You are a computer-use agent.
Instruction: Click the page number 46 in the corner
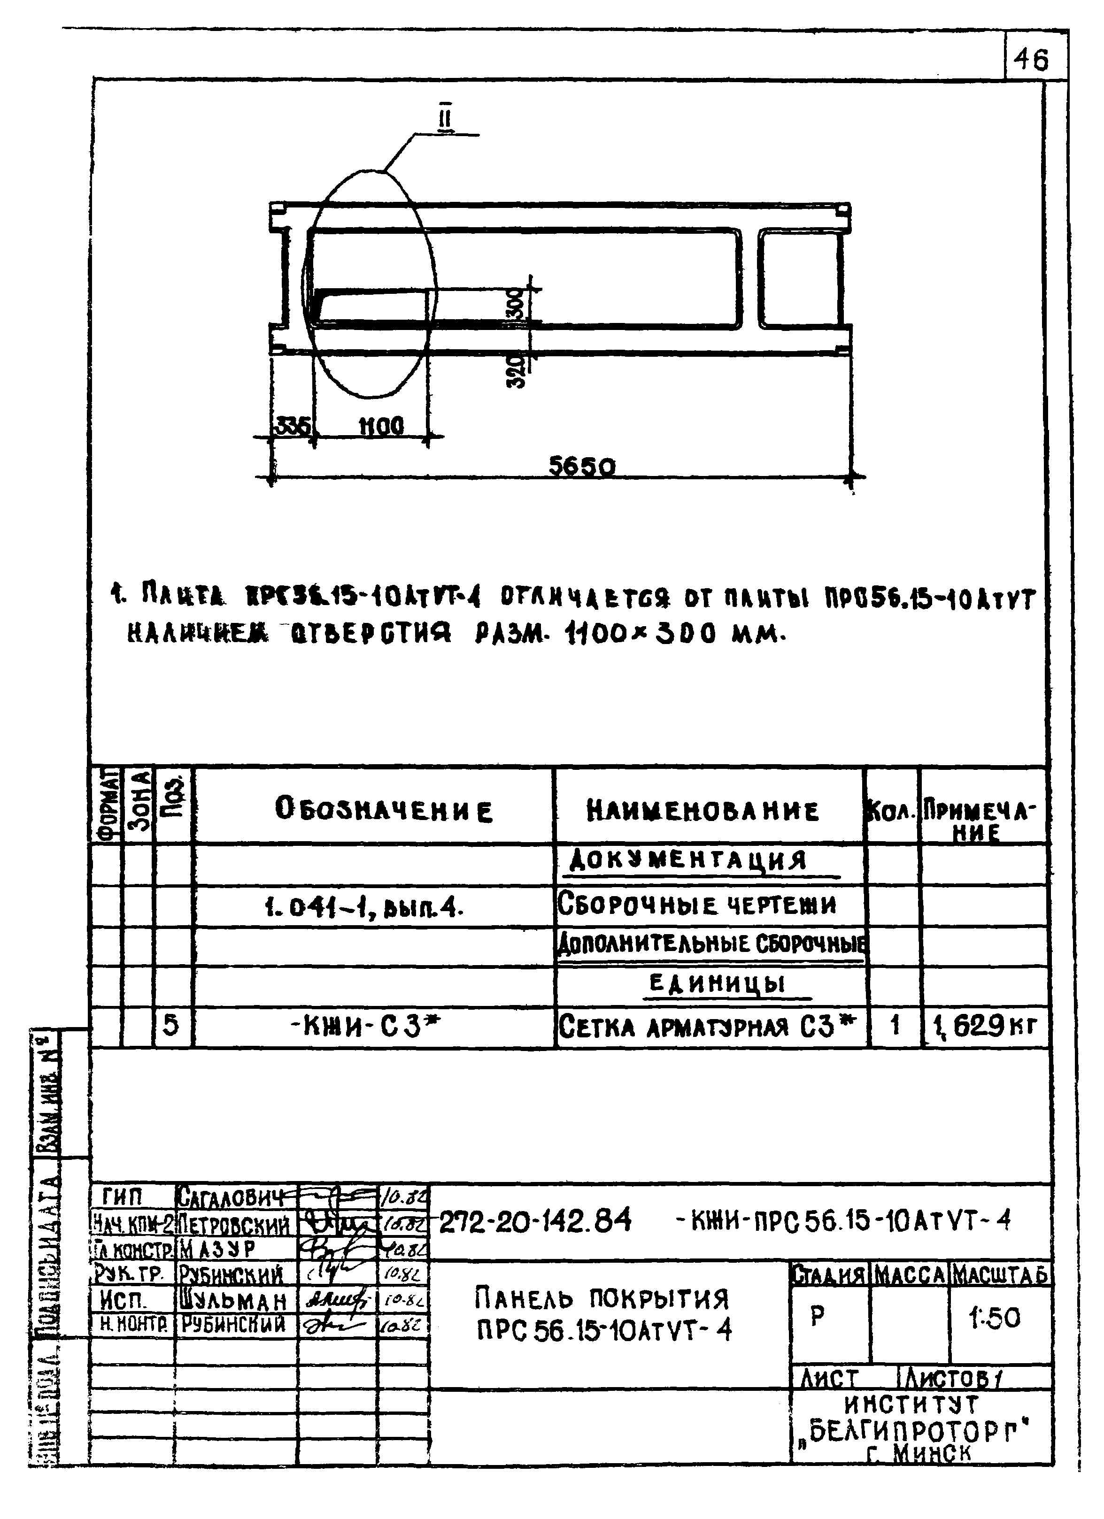(1031, 61)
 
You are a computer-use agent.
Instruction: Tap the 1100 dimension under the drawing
(382, 426)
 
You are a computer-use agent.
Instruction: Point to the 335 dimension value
(293, 426)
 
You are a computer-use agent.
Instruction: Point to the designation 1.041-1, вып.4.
(364, 907)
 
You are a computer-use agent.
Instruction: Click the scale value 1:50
(994, 1318)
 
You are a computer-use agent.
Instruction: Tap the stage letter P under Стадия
(817, 1317)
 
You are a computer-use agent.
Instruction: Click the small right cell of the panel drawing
(798, 279)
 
